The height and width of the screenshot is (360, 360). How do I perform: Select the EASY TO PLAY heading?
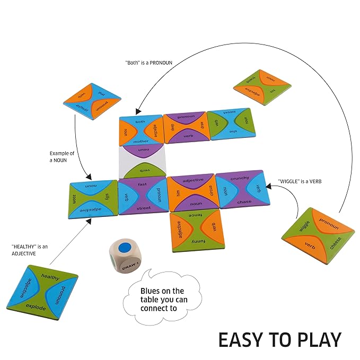279,339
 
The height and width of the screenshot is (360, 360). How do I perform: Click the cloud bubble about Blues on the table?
162,300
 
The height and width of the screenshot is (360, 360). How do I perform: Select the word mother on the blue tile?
141,141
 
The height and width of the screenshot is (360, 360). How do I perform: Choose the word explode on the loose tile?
36,307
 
